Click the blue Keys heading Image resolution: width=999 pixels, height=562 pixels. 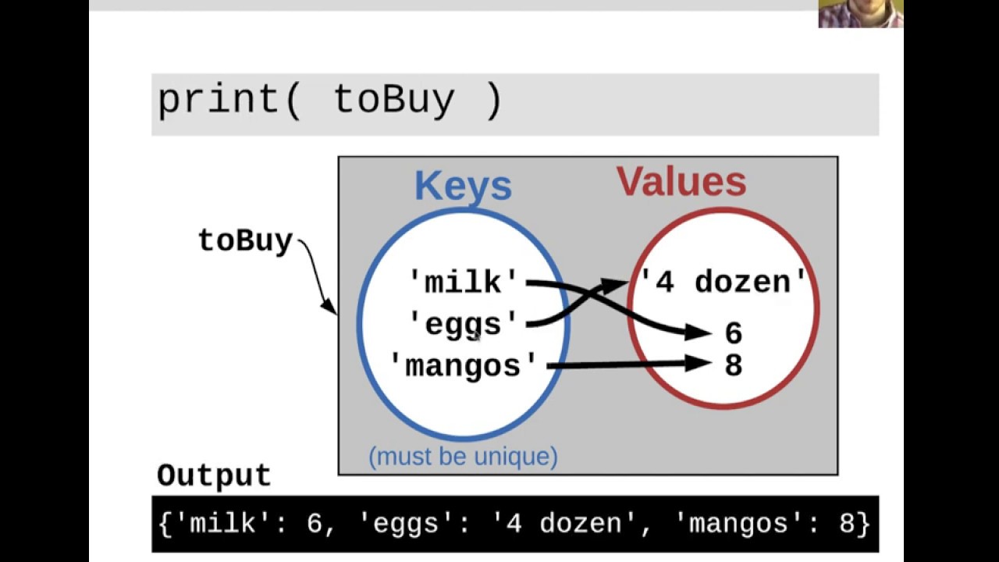[x=463, y=186]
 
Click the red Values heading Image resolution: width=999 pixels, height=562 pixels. [x=681, y=181]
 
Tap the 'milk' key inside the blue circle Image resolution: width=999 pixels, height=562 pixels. [x=464, y=282]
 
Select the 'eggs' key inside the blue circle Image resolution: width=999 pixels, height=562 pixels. [x=464, y=323]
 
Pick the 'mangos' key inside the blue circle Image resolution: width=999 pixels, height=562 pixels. [x=464, y=365]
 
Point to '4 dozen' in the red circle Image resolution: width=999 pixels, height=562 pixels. [x=723, y=282]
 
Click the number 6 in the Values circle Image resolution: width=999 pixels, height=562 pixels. [x=733, y=333]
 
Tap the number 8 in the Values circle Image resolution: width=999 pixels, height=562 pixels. [x=733, y=365]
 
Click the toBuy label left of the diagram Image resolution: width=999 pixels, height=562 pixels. [x=245, y=240]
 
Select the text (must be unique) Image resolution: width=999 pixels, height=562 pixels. [x=463, y=456]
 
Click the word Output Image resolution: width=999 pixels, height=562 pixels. [x=214, y=475]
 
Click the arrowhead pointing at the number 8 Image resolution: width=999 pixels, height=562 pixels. [x=697, y=363]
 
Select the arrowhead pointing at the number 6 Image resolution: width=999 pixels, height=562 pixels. [x=697, y=333]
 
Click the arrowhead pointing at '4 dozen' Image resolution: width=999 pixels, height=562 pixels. [x=617, y=284]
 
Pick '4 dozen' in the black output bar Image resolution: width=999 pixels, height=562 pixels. [x=565, y=523]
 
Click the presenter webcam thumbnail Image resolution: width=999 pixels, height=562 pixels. [x=860, y=13]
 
